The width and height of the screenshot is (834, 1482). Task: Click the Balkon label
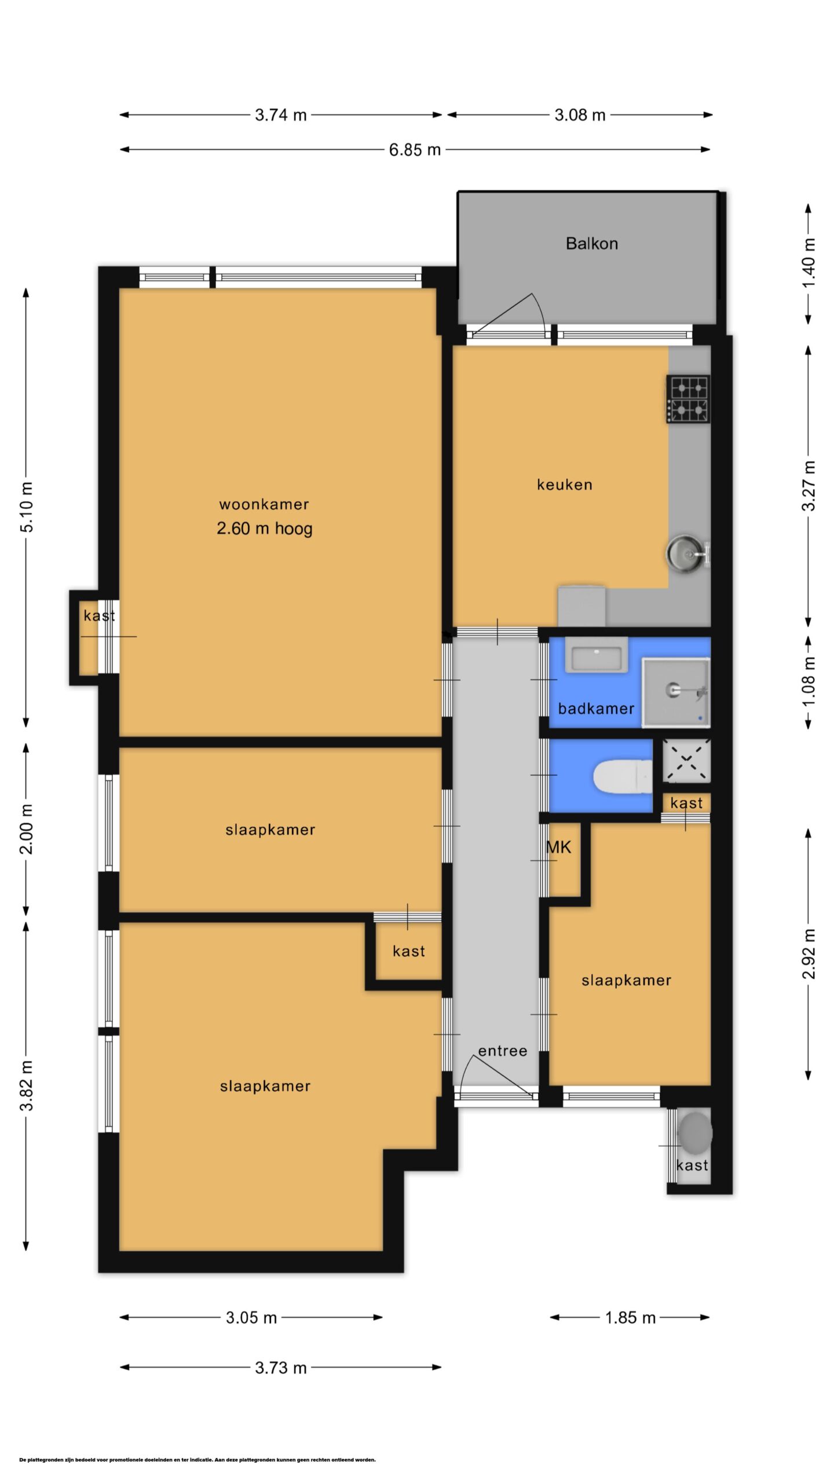591,244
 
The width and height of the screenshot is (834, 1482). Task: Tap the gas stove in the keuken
688,399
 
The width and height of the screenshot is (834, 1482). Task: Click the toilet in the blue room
623,776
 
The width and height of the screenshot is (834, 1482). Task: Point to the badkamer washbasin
596,655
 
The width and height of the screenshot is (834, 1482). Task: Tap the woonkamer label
264,504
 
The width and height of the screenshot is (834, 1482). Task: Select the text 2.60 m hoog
265,528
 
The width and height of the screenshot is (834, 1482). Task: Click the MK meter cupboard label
558,848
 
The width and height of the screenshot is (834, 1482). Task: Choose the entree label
503,1051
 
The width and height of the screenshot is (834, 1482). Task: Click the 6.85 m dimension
415,150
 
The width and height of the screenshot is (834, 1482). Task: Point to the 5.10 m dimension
26,507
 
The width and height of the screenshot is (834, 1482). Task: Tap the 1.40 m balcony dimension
809,263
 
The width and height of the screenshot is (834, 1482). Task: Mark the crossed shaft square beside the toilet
686,761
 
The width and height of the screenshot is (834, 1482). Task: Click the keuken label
565,485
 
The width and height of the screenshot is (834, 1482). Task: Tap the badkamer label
596,709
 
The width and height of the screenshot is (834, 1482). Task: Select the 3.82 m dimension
26,1086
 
